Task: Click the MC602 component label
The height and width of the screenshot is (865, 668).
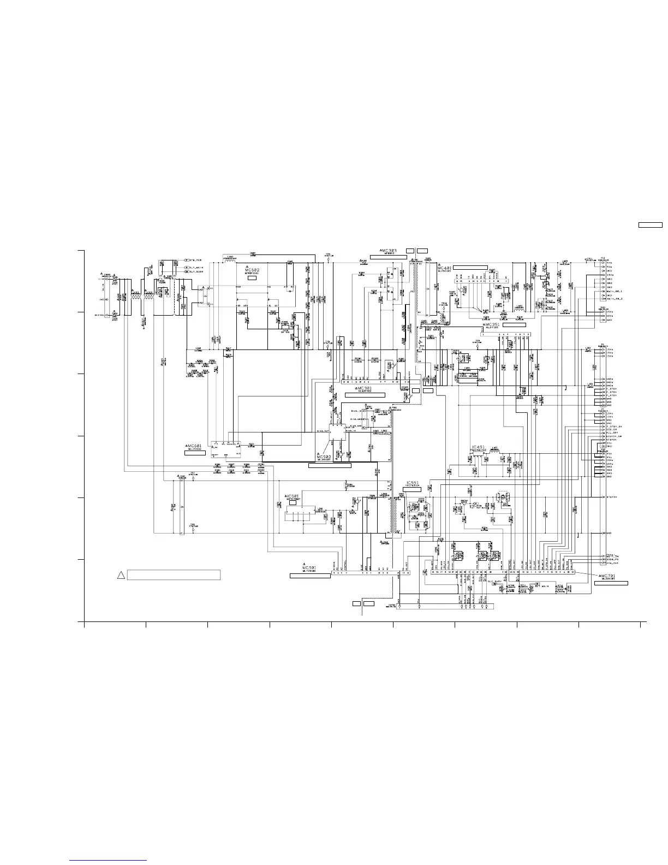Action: click(x=252, y=270)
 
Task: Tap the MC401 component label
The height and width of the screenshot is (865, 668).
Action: click(x=445, y=268)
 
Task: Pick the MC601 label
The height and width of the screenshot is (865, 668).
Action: click(x=194, y=446)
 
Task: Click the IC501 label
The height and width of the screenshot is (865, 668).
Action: click(x=293, y=496)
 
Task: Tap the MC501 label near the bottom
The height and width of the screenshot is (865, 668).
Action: click(x=309, y=568)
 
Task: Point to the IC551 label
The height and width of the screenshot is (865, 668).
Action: click(x=413, y=483)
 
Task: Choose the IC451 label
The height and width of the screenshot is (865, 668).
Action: click(x=478, y=447)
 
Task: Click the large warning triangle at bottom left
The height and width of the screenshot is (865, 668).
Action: click(x=122, y=575)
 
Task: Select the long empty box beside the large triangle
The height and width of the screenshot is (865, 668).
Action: click(x=174, y=575)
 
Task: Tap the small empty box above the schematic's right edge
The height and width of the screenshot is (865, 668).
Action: click(x=651, y=224)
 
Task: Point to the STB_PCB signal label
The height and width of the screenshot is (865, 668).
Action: click(x=196, y=260)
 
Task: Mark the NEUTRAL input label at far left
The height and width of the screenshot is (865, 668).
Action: click(x=99, y=315)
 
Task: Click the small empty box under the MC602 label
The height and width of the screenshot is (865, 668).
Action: click(x=252, y=279)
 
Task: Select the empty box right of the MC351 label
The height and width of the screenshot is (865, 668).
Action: click(x=514, y=325)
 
